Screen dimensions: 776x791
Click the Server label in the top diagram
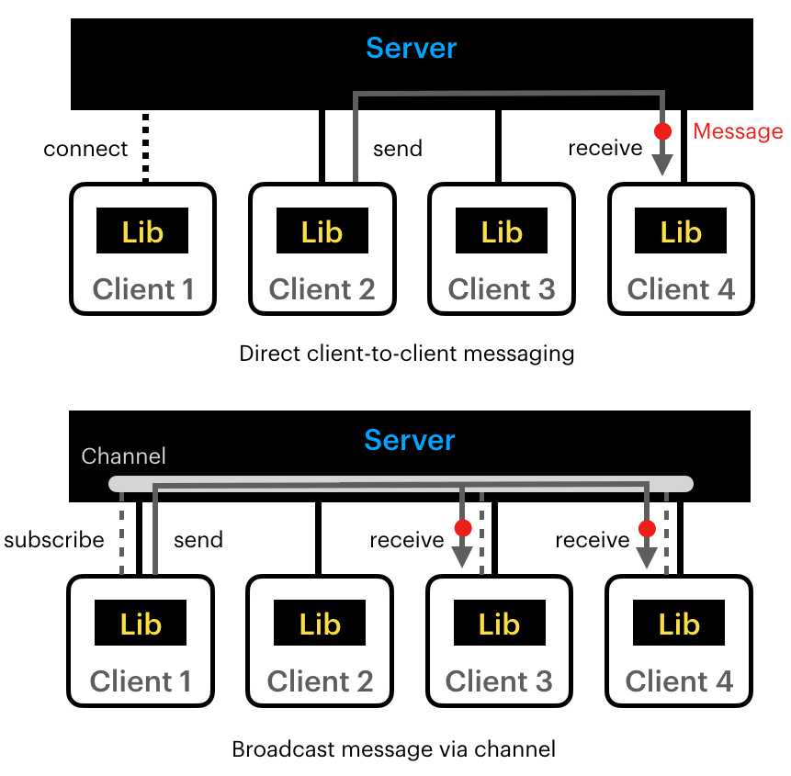pos(411,48)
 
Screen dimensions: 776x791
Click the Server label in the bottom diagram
pos(409,440)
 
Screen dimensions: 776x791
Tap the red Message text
pos(738,131)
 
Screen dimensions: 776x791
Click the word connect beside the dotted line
pos(85,149)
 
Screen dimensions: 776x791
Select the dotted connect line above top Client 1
pos(144,147)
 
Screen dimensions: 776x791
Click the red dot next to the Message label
pos(662,131)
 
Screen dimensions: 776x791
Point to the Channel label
pos(123,455)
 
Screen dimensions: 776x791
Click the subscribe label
pos(54,540)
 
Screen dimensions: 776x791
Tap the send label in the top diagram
pos(397,149)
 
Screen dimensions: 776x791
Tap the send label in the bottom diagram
pos(198,540)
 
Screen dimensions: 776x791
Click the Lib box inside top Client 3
pos(501,231)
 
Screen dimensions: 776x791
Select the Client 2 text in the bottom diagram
pos(320,681)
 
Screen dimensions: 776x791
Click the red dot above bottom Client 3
pos(463,528)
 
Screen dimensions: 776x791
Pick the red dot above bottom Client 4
pos(647,528)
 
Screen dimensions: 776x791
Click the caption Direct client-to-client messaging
pos(406,354)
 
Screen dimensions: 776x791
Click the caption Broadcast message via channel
pos(393,749)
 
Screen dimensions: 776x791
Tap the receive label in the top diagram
pos(605,149)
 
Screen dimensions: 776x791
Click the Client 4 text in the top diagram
pos(681,289)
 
